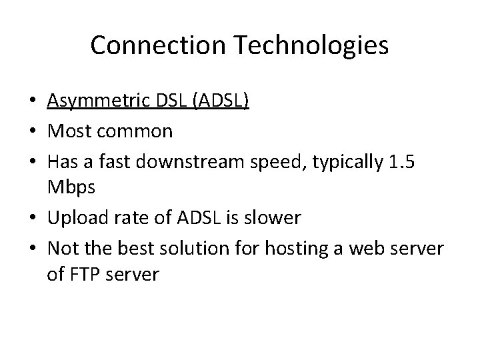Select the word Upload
tap(77, 217)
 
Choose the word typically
tap(351, 159)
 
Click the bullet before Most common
tap(33, 131)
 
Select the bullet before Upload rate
tap(33, 217)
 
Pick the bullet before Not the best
tap(33, 246)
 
